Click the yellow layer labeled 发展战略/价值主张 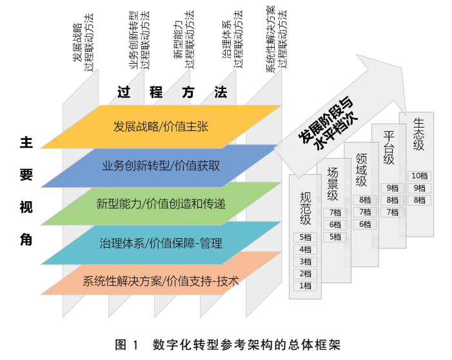coord(161,126)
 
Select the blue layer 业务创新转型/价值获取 coord(161,165)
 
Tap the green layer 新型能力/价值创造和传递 coord(161,204)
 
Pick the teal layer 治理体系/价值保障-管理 coord(161,243)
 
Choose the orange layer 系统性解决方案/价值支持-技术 coord(161,281)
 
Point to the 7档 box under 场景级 coord(334,212)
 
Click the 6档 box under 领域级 coord(365,225)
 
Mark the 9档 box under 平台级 coord(392,188)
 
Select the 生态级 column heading coord(420,135)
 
